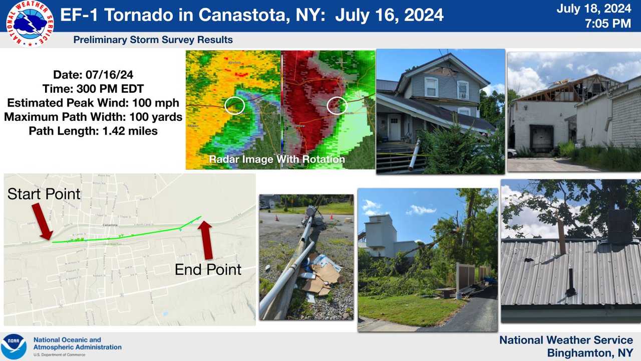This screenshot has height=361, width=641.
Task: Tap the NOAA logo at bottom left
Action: click(14, 346)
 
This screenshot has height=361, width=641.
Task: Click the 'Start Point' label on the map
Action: click(44, 194)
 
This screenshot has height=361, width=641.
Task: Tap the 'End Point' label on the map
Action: click(208, 269)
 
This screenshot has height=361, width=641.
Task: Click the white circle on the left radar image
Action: click(234, 105)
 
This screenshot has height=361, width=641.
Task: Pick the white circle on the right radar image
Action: click(337, 105)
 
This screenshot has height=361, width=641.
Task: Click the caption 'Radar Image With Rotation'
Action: click(277, 159)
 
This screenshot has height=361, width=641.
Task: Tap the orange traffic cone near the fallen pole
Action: click(276, 218)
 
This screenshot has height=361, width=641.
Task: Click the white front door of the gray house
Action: click(395, 127)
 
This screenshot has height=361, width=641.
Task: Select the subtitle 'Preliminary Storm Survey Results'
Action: click(153, 40)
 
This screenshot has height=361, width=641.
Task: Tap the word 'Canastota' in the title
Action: click(243, 15)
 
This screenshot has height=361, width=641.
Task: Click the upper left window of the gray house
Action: click(431, 87)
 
